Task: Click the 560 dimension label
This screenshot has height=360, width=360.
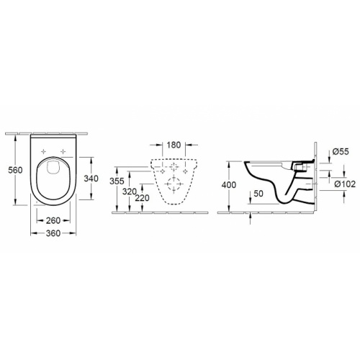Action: [x=15, y=170]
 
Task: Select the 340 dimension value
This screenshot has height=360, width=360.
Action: [x=91, y=179]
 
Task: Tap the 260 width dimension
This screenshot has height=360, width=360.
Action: [x=53, y=220]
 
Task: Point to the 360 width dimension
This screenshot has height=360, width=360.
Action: [x=53, y=233]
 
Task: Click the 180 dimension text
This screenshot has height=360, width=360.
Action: [x=174, y=145]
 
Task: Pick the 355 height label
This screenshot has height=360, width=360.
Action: [x=117, y=181]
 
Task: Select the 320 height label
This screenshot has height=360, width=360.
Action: [x=130, y=192]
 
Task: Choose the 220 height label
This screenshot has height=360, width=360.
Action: [x=142, y=198]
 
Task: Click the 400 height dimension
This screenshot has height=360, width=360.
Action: [x=229, y=185]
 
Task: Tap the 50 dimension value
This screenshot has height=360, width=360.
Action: [x=258, y=194]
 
